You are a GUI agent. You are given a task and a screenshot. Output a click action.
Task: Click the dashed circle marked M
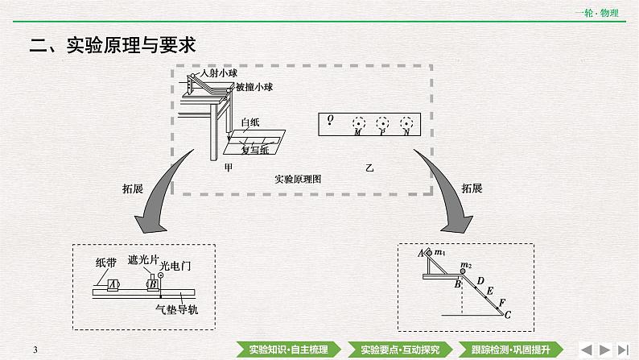coord(358,123)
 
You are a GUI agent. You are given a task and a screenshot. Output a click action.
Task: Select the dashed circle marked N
coord(409,123)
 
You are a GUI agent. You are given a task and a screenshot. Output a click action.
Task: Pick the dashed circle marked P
coord(384,123)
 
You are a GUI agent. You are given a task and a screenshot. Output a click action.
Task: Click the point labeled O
coord(329,118)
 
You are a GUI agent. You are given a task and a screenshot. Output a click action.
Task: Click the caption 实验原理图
coord(297,180)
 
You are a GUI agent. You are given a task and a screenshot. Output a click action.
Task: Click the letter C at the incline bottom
coord(507,315)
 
